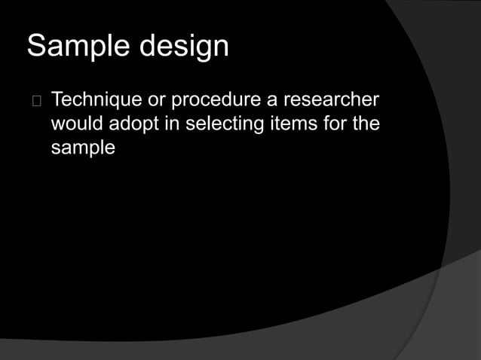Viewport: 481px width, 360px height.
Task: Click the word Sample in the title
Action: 79,46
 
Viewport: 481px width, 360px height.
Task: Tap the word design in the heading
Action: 183,46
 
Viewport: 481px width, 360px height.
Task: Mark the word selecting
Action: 222,124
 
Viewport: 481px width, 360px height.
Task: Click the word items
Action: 291,124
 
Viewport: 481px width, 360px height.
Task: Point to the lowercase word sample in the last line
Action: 83,148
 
